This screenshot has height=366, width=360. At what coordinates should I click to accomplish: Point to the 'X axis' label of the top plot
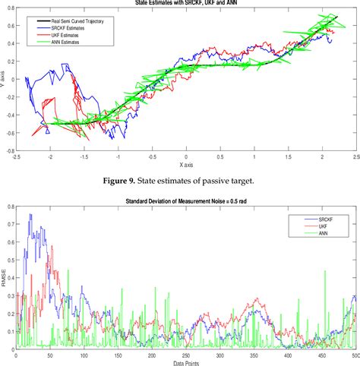(x=185, y=165)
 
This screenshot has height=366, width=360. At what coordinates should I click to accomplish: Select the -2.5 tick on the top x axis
(x=16, y=157)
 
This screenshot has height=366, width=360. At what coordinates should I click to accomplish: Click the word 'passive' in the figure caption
(x=235, y=180)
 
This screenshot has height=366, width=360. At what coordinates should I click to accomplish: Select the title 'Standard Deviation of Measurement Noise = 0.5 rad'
(x=186, y=201)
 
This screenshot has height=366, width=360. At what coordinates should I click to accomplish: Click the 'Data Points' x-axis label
(x=185, y=361)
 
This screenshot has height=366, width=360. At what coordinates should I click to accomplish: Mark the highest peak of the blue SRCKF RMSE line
(x=30, y=214)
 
